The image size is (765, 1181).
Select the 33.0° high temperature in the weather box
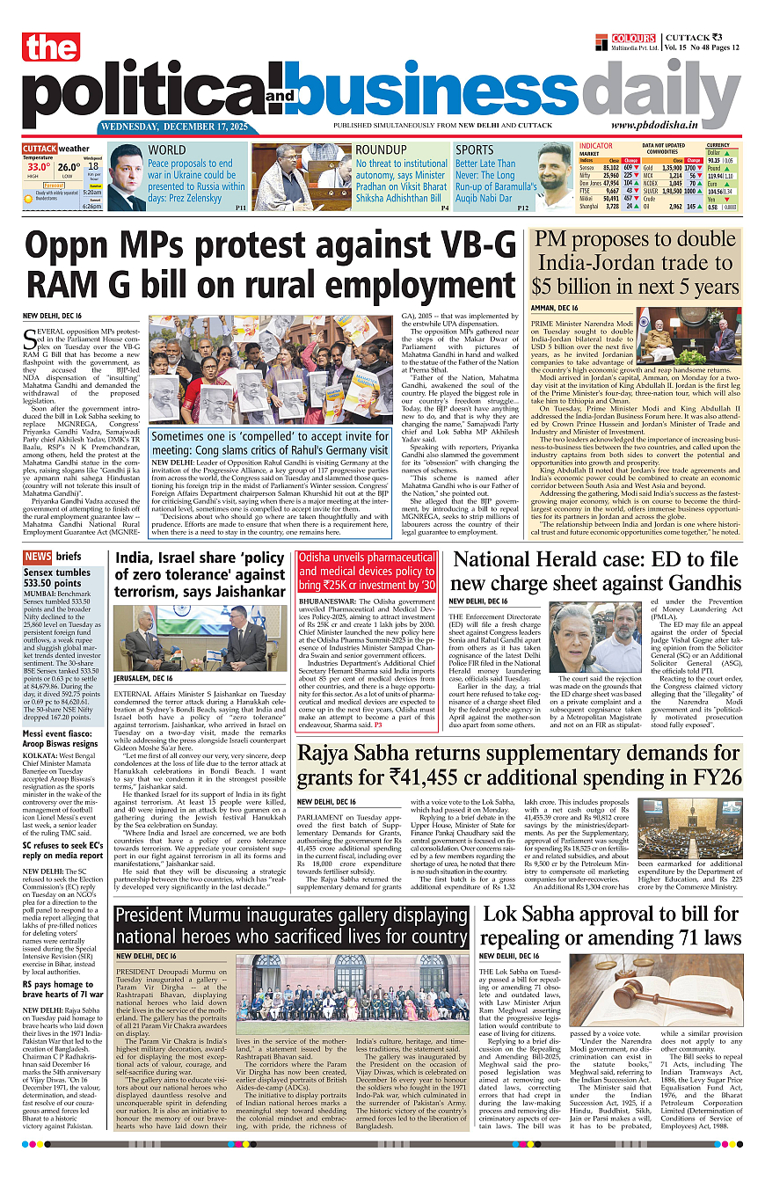[x=38, y=167]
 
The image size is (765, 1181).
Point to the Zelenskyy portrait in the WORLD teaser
[x=126, y=178]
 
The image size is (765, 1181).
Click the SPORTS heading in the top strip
[x=475, y=150]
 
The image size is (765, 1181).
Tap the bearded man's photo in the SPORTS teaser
[x=554, y=179]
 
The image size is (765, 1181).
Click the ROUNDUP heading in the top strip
[x=381, y=150]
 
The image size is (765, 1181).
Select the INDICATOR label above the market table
[x=595, y=146]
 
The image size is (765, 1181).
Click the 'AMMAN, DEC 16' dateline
[x=554, y=308]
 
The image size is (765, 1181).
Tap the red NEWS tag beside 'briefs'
[x=38, y=557]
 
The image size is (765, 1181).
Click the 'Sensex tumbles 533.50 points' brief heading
[x=56, y=577]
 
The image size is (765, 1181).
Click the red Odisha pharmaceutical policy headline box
[x=367, y=571]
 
